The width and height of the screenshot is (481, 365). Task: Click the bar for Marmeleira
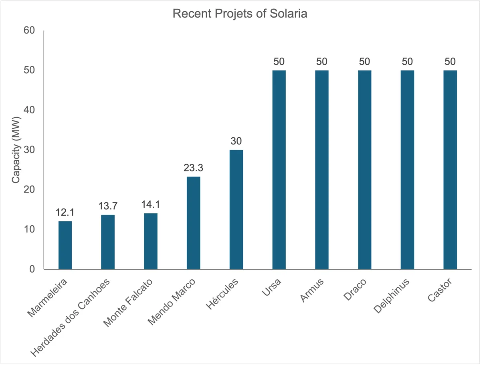pos(65,245)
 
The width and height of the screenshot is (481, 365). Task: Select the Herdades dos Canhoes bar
pos(108,242)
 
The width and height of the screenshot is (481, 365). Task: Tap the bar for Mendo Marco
pos(193,223)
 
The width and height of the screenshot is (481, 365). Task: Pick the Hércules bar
pos(236,209)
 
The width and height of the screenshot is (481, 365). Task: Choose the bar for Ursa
pos(279,169)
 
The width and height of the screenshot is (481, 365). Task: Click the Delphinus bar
pos(407,169)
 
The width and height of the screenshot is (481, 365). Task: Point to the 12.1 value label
pos(65,212)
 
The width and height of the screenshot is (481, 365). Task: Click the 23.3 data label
pos(193,167)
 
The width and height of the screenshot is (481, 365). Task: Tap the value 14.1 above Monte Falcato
pos(151,204)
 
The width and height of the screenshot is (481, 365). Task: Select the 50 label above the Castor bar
pos(450,61)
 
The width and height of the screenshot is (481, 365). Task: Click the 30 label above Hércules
pos(236,141)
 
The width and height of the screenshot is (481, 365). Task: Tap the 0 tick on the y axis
pos(32,269)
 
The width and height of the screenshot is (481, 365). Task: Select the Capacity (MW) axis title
pos(16,150)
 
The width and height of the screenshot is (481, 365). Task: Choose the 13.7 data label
pos(108,206)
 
